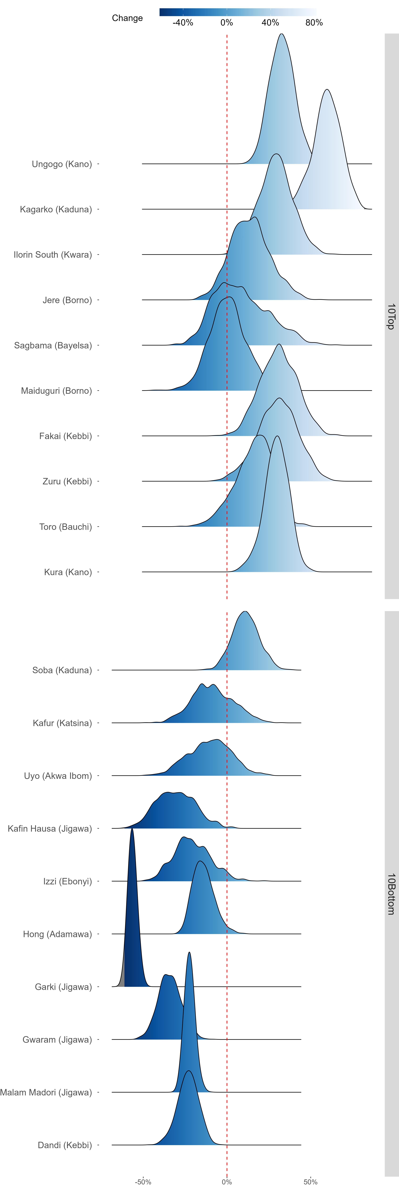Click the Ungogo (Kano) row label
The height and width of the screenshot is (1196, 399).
click(62, 164)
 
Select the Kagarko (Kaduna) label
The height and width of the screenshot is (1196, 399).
click(56, 209)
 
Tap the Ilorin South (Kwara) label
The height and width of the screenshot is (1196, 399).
click(53, 254)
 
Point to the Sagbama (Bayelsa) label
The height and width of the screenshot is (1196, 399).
click(53, 345)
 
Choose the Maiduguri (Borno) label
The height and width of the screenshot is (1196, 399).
click(56, 390)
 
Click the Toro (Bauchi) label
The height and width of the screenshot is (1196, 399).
click(65, 527)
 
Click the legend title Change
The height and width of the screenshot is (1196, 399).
click(127, 18)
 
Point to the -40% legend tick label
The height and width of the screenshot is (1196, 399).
click(183, 23)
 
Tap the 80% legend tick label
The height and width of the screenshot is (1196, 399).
click(314, 23)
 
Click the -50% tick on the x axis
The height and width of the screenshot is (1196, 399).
click(143, 1182)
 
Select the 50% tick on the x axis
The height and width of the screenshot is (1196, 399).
click(310, 1182)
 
